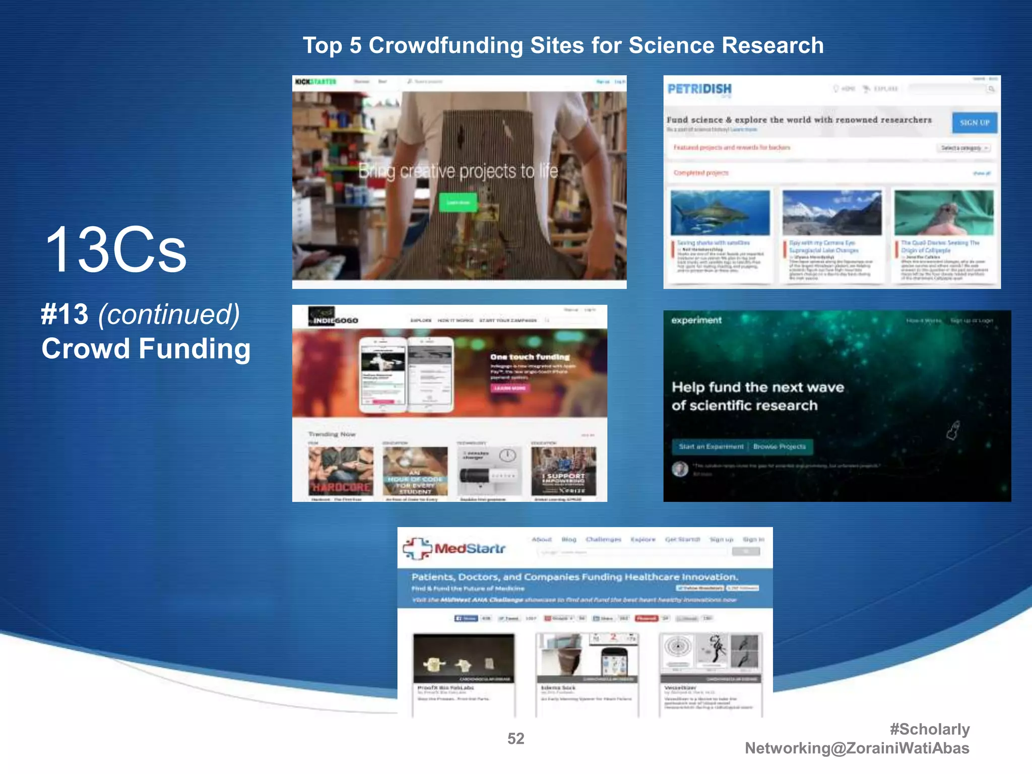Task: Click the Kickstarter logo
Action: pyautogui.click(x=315, y=82)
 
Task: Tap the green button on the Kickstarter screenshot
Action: pyautogui.click(x=458, y=202)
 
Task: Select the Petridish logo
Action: pyautogui.click(x=699, y=90)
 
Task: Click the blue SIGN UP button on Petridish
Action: pyautogui.click(x=974, y=122)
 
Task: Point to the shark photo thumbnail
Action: pyautogui.click(x=720, y=213)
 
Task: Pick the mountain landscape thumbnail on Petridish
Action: pyautogui.click(x=831, y=213)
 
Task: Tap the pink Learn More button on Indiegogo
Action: pyautogui.click(x=509, y=388)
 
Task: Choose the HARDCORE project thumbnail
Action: pyautogui.click(x=341, y=471)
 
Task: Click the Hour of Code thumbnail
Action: pyautogui.click(x=415, y=471)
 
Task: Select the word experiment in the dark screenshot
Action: pyautogui.click(x=696, y=320)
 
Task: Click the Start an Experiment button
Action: pyautogui.click(x=711, y=446)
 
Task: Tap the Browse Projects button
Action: pyautogui.click(x=780, y=446)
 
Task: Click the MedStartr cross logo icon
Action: pyautogui.click(x=417, y=548)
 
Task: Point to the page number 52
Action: pyautogui.click(x=515, y=739)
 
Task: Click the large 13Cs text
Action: pyautogui.click(x=116, y=250)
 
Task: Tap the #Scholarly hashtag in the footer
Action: pyautogui.click(x=929, y=729)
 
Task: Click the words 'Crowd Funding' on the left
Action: pyautogui.click(x=146, y=349)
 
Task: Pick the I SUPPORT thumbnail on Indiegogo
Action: pyautogui.click(x=563, y=471)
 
